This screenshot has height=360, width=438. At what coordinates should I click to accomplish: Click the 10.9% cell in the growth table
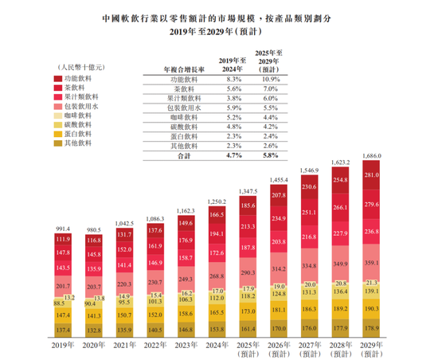coord(270,80)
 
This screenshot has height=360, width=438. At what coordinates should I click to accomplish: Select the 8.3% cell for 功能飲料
coord(233,80)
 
